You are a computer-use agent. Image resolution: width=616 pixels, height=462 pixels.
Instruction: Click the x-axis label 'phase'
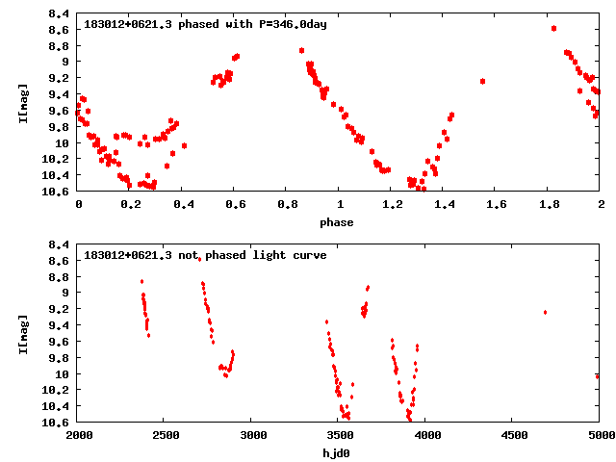337,222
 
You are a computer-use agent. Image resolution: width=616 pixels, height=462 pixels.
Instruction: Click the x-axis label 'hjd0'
337,452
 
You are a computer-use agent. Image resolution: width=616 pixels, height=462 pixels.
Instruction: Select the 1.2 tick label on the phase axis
391,204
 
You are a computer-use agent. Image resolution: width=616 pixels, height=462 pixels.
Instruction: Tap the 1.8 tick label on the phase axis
548,204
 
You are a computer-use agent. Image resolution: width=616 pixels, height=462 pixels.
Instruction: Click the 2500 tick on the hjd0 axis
164,435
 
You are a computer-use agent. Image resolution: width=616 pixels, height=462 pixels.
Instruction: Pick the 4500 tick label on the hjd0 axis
512,435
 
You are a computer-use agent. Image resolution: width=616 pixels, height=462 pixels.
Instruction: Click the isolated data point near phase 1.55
482,81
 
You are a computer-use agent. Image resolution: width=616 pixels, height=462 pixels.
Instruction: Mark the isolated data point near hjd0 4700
545,312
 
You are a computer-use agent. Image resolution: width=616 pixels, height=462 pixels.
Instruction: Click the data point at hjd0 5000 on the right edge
597,376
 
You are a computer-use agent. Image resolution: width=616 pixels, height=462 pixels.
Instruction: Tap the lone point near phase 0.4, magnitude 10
184,146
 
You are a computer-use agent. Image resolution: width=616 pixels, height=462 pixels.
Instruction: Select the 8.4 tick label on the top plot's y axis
58,14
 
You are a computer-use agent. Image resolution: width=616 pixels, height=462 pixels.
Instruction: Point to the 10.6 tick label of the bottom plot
55,423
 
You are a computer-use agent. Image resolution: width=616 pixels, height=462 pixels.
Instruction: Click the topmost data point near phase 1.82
553,28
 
